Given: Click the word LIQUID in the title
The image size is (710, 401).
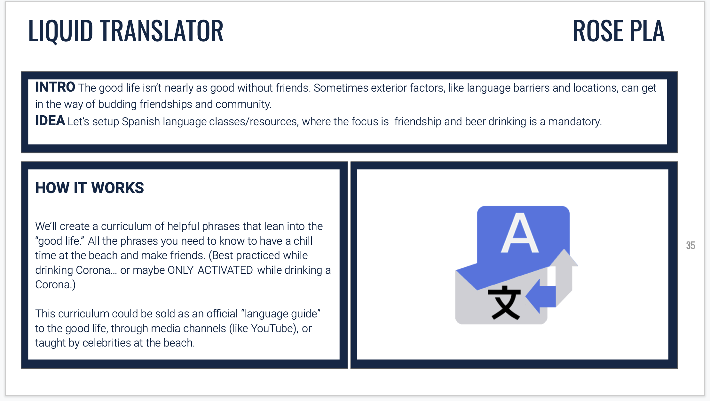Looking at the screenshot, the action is (x=61, y=31).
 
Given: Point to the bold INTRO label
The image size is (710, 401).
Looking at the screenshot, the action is (x=55, y=87).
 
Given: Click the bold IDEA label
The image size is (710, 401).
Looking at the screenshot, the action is (x=50, y=121).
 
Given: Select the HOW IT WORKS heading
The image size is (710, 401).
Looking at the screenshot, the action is (x=90, y=188).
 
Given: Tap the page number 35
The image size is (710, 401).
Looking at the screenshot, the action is (x=690, y=245).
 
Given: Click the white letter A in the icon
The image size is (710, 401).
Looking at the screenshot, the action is (x=520, y=233).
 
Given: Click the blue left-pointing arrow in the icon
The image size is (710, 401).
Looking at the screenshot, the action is (x=540, y=296).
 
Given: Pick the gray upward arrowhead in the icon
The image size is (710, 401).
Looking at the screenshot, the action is (x=564, y=258).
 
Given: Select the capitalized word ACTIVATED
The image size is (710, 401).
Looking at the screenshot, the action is (x=225, y=270).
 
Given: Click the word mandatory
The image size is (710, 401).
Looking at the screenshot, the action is (x=575, y=122).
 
